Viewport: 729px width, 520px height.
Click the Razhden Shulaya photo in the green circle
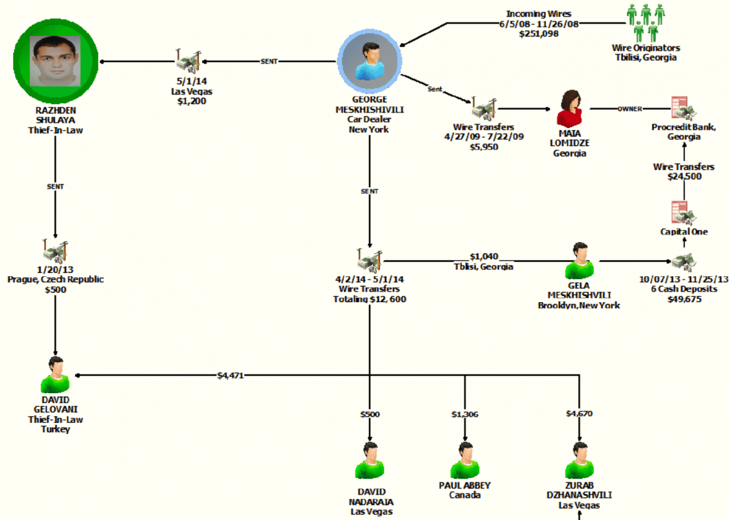55,60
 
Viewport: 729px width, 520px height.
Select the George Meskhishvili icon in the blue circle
370,62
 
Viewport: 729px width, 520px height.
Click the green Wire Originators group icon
645,22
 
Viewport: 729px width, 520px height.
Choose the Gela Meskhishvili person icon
580,261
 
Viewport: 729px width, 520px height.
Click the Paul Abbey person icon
465,461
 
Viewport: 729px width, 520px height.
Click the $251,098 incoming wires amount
538,35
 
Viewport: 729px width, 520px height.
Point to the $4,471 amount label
230,376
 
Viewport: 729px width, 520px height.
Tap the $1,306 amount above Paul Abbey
465,414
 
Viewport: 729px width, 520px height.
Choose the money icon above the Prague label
55,251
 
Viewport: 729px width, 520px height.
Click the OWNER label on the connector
629,109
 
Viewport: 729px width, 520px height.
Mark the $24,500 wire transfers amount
684,177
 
